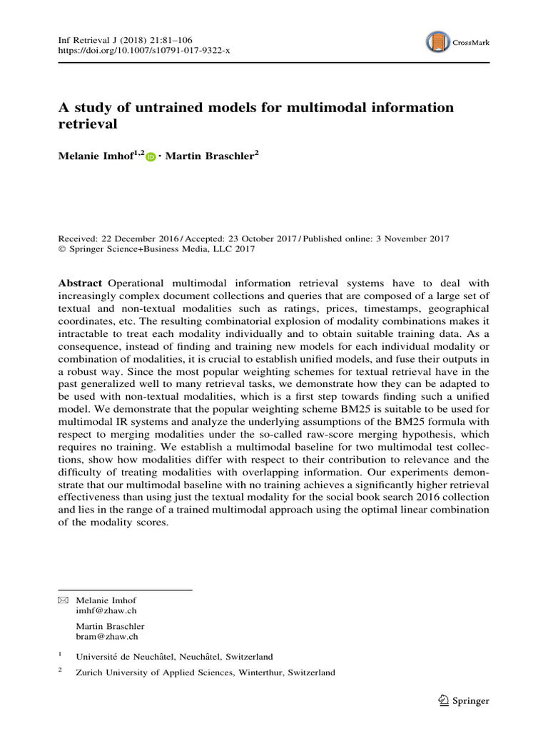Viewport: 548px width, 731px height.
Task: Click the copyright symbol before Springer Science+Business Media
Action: (x=61, y=250)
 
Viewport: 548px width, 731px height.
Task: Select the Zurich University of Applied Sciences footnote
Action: (x=205, y=672)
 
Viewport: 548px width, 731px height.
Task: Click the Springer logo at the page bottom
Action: (x=465, y=701)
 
